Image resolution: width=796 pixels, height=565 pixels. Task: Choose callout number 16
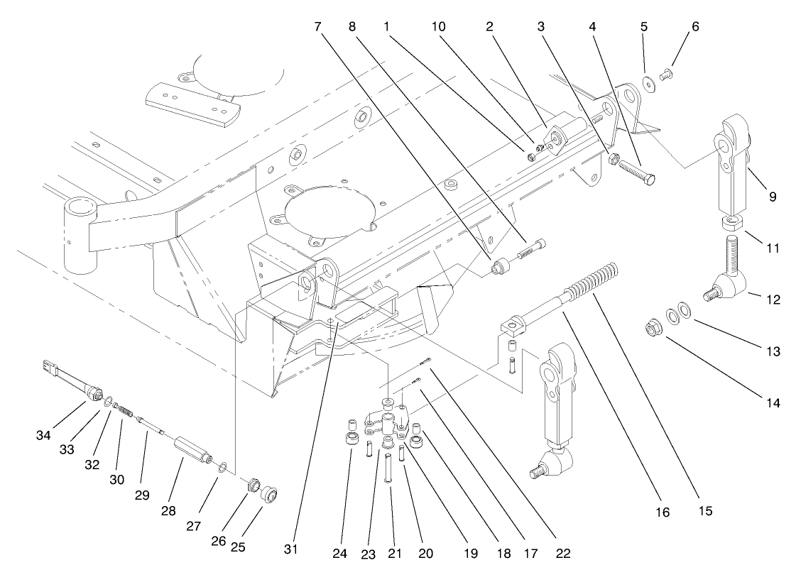663,512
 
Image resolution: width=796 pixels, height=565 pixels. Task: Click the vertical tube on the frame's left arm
80,234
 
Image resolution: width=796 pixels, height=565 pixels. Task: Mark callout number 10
438,26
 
